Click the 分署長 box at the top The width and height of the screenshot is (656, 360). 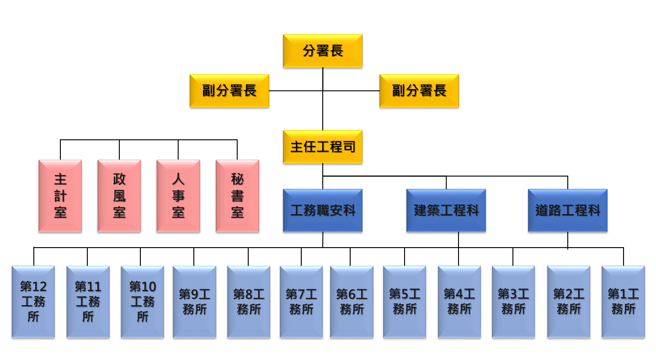pos(322,51)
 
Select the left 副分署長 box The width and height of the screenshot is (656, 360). pos(229,90)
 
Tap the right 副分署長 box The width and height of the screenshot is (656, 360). pos(419,90)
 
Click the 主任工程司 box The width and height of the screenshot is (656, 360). pos(322,147)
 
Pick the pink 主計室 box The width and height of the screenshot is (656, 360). pos(60,196)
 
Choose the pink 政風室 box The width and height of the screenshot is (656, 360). pos(119,196)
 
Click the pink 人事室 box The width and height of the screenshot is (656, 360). pos(178,196)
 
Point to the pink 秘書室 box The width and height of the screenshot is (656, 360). pos(237,196)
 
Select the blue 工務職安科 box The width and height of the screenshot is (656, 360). pos(322,210)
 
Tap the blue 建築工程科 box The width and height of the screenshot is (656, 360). pos(446,210)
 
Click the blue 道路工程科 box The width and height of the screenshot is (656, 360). pos(567,210)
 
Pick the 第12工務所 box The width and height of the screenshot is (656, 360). pos(33,302)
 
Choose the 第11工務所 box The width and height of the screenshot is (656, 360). pos(88,302)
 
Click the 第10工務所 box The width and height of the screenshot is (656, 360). pos(142,302)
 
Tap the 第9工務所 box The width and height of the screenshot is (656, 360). pos(194,302)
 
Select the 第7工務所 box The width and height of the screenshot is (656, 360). pos(301,302)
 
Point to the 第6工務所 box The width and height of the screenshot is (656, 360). pos(351,302)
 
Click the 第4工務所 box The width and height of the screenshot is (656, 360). pos(459,302)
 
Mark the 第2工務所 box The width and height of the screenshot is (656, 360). pos(568,302)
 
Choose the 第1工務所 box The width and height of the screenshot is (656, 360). pos(623,302)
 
